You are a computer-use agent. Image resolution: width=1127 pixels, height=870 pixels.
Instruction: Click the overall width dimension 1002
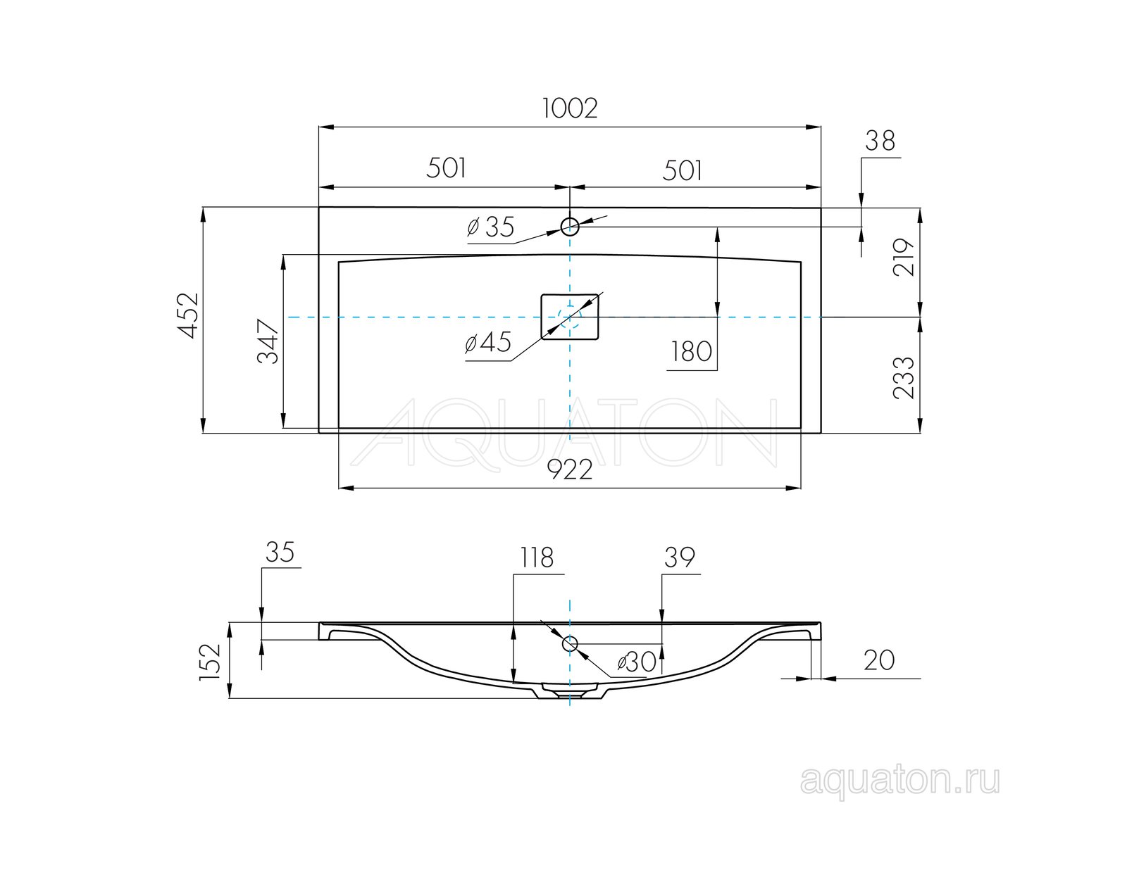coord(569,108)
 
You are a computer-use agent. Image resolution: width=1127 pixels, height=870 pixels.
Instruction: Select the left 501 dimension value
coord(446,168)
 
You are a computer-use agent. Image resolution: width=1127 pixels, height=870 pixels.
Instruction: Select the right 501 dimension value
coord(682,170)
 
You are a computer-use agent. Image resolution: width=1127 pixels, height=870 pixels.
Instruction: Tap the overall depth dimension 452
coord(189,315)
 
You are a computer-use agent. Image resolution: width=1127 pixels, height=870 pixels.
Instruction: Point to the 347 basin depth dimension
coord(268,341)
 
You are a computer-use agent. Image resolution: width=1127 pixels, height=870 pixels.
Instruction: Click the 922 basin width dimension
coord(569,470)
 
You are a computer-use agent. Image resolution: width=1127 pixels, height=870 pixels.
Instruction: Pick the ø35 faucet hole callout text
coord(490,227)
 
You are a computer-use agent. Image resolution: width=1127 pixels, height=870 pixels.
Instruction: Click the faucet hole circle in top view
coord(569,227)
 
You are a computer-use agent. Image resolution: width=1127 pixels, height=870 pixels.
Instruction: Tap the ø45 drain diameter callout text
coord(488,343)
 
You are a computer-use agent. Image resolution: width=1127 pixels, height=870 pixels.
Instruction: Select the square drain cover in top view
coord(569,317)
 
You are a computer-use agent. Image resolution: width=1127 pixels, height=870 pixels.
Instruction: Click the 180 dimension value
coord(692,351)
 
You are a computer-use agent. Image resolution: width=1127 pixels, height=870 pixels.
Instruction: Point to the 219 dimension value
coord(903,257)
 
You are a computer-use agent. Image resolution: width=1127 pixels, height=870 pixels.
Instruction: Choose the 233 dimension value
coord(903,377)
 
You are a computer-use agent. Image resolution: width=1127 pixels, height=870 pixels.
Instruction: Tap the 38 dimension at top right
coord(880,140)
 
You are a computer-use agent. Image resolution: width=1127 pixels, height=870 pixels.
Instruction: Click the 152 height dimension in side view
coord(210,662)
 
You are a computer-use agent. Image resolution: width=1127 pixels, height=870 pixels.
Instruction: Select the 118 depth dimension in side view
coord(537,558)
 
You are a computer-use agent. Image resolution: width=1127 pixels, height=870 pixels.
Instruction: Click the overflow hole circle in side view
coord(569,643)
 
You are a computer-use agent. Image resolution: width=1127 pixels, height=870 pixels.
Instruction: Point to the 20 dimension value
coord(879,660)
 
